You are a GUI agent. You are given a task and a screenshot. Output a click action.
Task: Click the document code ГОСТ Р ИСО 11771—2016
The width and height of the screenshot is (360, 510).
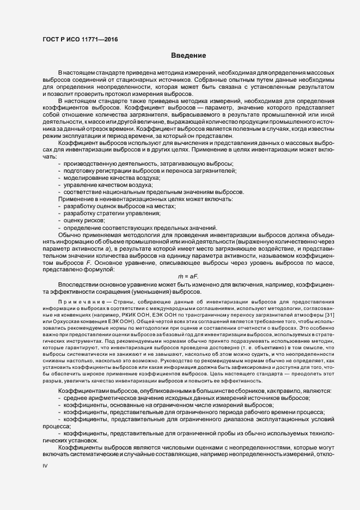80,39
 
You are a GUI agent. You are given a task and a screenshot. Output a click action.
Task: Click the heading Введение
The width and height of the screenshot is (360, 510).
188,56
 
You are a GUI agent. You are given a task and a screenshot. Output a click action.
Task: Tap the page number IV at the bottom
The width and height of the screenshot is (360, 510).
45,466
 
